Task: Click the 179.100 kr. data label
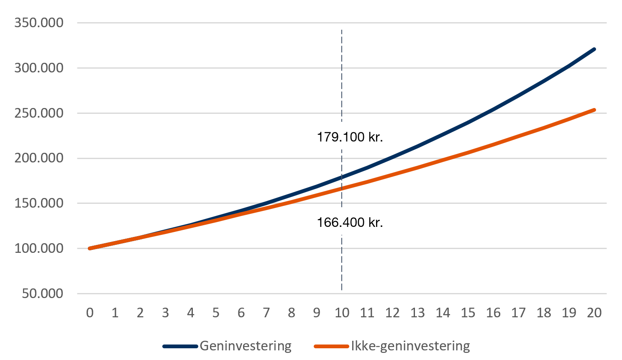pos(350,137)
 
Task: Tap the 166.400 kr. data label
pos(350,222)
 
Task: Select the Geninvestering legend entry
pos(246,346)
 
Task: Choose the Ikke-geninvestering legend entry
pos(410,346)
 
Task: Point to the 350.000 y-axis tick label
pos(39,23)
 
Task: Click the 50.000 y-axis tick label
pos(43,293)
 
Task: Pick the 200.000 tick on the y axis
pos(39,158)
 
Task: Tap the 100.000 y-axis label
pos(39,248)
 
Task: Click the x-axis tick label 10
pos(342,313)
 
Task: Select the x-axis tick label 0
pos(90,313)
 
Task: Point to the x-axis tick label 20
pos(594,313)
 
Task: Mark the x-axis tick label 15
pos(468,313)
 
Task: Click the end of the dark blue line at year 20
pos(594,49)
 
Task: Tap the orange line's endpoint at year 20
pos(594,110)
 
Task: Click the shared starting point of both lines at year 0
pos(90,248)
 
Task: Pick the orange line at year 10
pos(342,188)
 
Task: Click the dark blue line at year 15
pos(468,122)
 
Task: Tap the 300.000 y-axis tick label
pos(39,68)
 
